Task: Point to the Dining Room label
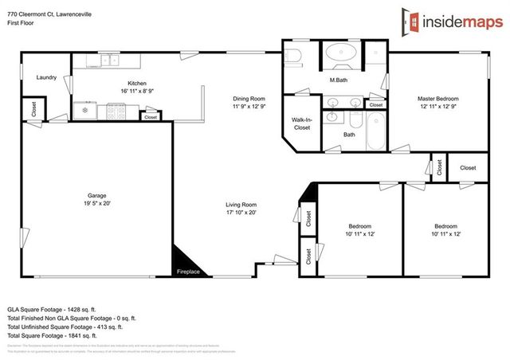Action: pyautogui.click(x=248, y=99)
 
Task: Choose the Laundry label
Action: pyautogui.click(x=45, y=77)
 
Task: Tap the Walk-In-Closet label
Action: pyautogui.click(x=301, y=123)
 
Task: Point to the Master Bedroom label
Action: pyautogui.click(x=438, y=99)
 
